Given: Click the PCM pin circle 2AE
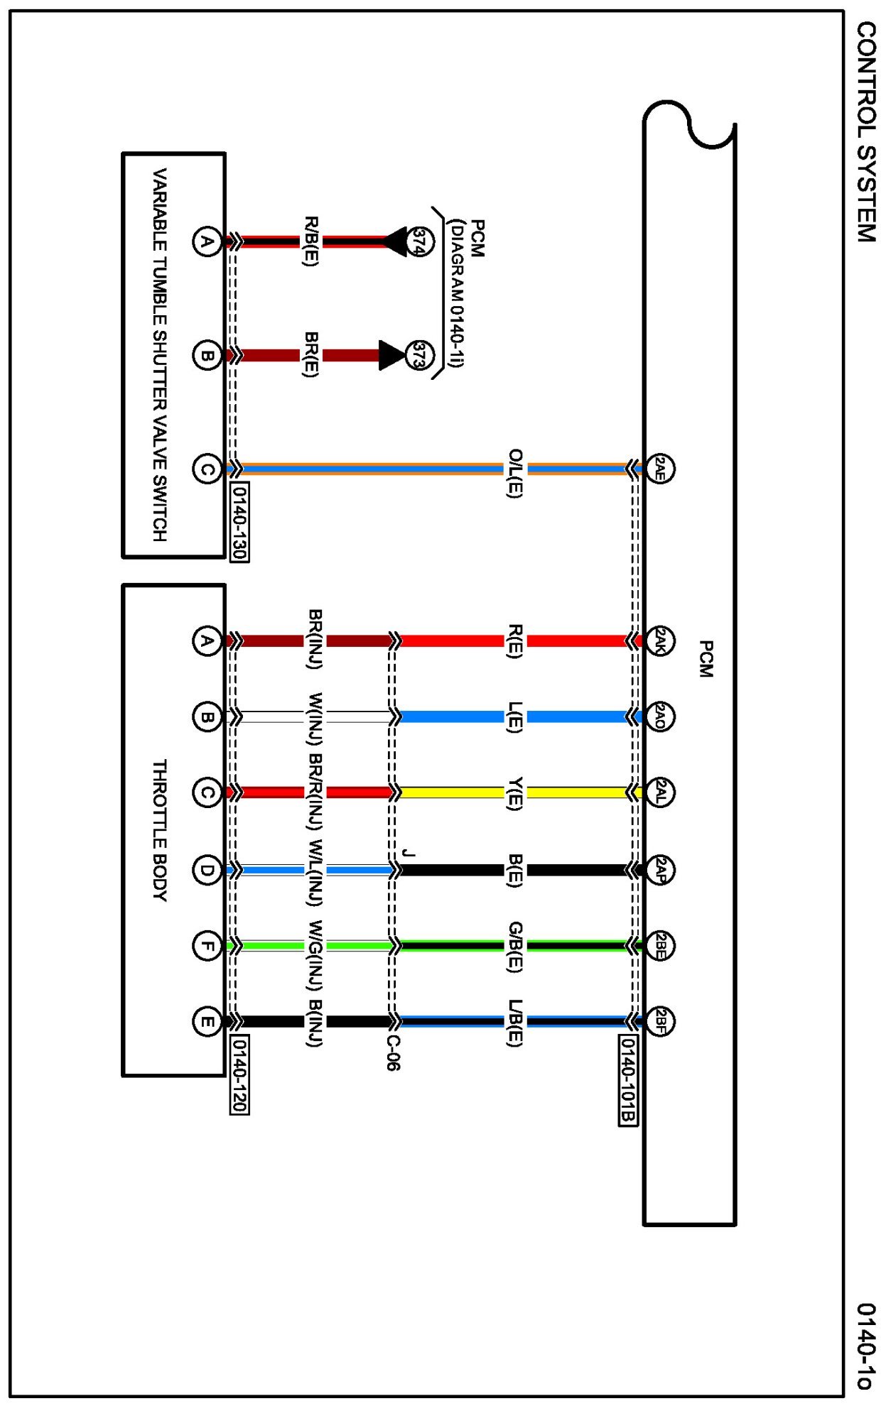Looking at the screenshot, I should point(660,469).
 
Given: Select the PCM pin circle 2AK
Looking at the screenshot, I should point(660,641).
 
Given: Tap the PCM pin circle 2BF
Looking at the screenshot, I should point(660,1021).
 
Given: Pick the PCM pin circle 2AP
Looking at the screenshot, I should point(660,870).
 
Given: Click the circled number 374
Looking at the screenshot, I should point(420,241).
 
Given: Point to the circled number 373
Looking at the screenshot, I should point(420,355).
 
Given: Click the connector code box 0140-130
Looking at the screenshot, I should point(240,522).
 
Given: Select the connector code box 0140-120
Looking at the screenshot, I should point(240,1074).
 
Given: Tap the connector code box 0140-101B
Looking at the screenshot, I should point(628,1079).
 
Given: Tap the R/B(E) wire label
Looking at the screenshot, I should point(311,241).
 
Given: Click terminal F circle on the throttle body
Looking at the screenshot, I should point(207,945).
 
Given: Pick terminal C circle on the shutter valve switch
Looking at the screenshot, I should point(207,469).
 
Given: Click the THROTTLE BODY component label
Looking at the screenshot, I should point(160,830).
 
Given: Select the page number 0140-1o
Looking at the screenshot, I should point(865,1345).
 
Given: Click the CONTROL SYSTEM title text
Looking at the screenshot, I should point(865,132).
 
